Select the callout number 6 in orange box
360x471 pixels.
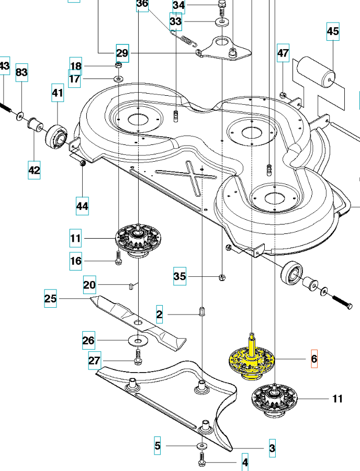[314, 359]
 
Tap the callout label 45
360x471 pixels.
[333, 32]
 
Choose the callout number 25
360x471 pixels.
[50, 299]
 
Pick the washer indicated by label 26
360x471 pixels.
[138, 341]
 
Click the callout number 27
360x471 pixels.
[94, 361]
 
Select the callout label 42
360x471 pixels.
[34, 170]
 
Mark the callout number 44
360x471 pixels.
[82, 206]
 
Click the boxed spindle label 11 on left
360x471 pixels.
[76, 240]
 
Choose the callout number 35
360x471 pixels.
[180, 276]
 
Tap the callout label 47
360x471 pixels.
[283, 53]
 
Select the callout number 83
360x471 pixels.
[21, 72]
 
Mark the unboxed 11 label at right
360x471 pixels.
[337, 399]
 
